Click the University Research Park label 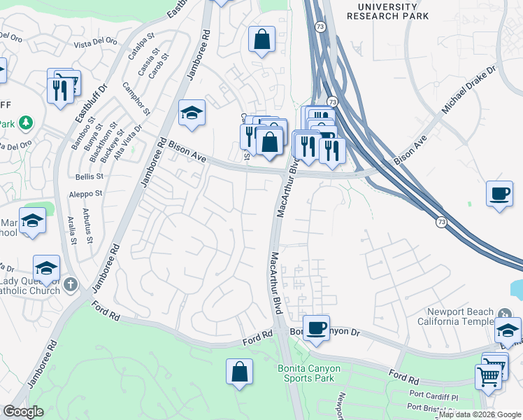[x=392, y=10]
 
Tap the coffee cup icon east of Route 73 [x=499, y=193]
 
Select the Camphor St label [x=137, y=100]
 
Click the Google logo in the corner [x=23, y=412]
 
